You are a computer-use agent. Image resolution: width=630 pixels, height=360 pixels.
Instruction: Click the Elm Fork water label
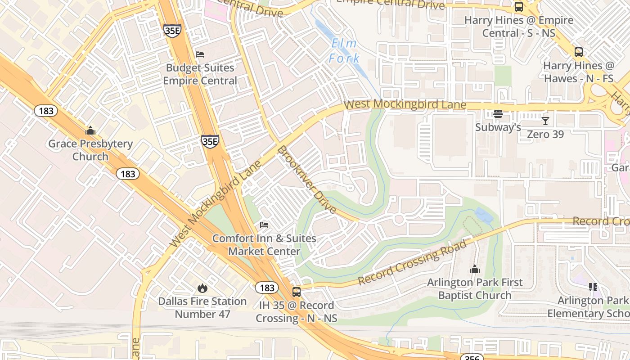pyautogui.click(x=344, y=51)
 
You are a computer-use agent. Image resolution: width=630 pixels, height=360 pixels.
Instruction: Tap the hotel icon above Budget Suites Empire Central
pyautogui.click(x=200, y=54)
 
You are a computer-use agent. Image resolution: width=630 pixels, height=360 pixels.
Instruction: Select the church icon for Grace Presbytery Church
pyautogui.click(x=90, y=131)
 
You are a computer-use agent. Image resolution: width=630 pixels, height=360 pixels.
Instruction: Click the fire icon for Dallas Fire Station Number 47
pyautogui.click(x=202, y=288)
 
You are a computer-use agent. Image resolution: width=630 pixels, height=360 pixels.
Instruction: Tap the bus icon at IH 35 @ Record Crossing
pyautogui.click(x=296, y=292)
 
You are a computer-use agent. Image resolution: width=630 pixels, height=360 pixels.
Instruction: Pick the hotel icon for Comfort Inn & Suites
pyautogui.click(x=264, y=225)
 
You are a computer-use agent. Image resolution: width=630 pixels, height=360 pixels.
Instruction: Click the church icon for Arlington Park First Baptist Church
pyautogui.click(x=474, y=270)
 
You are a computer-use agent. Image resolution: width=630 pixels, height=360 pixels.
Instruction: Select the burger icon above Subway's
pyautogui.click(x=498, y=114)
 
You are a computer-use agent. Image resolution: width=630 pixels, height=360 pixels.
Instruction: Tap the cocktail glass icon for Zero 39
pyautogui.click(x=545, y=121)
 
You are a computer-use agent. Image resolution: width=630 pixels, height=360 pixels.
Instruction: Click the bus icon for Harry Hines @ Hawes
pyautogui.click(x=579, y=52)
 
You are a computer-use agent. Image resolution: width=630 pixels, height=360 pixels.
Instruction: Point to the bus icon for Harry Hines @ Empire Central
pyautogui.click(x=519, y=7)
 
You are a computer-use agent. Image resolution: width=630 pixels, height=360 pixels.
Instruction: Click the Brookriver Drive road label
pyautogui.click(x=306, y=179)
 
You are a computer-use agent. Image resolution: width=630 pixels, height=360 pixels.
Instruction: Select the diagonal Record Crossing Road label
pyautogui.click(x=412, y=263)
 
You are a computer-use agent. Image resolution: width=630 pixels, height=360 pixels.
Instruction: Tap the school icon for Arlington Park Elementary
pyautogui.click(x=593, y=287)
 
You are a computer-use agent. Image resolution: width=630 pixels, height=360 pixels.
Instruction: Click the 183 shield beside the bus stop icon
pyautogui.click(x=267, y=288)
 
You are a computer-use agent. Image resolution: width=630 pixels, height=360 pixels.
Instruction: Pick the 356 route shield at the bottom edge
pyautogui.click(x=471, y=358)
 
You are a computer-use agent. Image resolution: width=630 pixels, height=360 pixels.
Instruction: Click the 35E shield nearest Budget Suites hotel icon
pyautogui.click(x=172, y=31)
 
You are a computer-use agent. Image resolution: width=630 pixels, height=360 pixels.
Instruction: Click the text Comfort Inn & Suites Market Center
pyautogui.click(x=264, y=245)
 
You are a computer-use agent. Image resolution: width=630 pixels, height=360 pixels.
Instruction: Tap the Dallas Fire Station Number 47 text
pyautogui.click(x=202, y=307)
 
